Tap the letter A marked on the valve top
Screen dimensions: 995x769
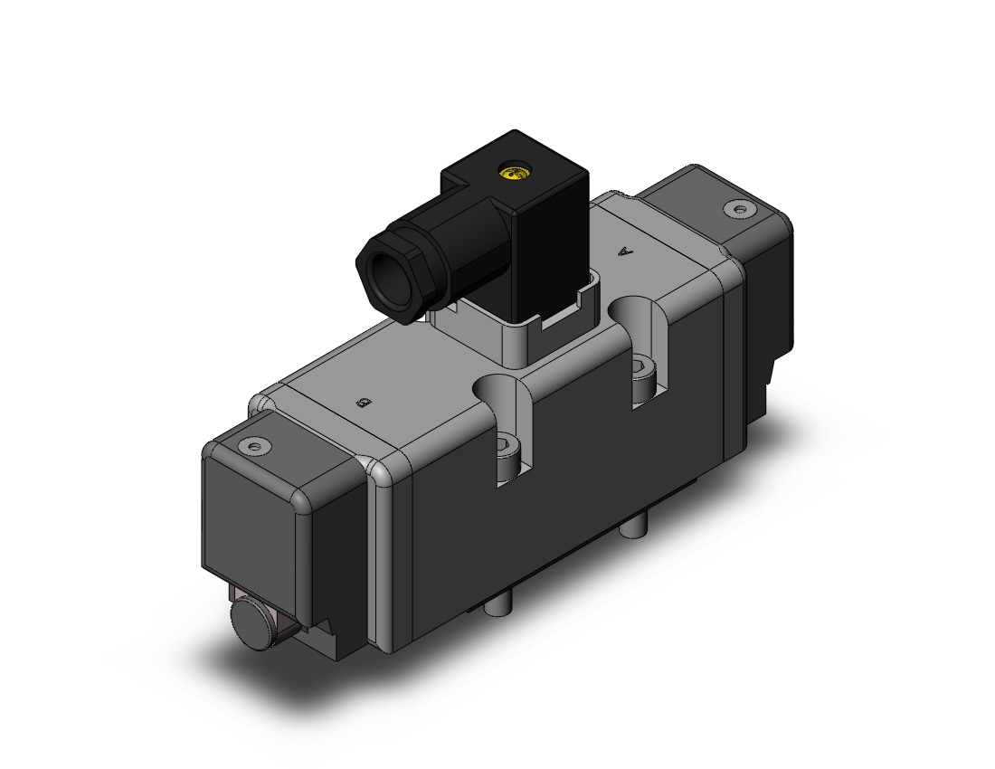(x=628, y=252)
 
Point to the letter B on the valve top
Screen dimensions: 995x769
(x=364, y=402)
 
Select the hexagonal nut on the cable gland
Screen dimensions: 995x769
(x=388, y=267)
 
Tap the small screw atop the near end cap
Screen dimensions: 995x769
(x=256, y=445)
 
